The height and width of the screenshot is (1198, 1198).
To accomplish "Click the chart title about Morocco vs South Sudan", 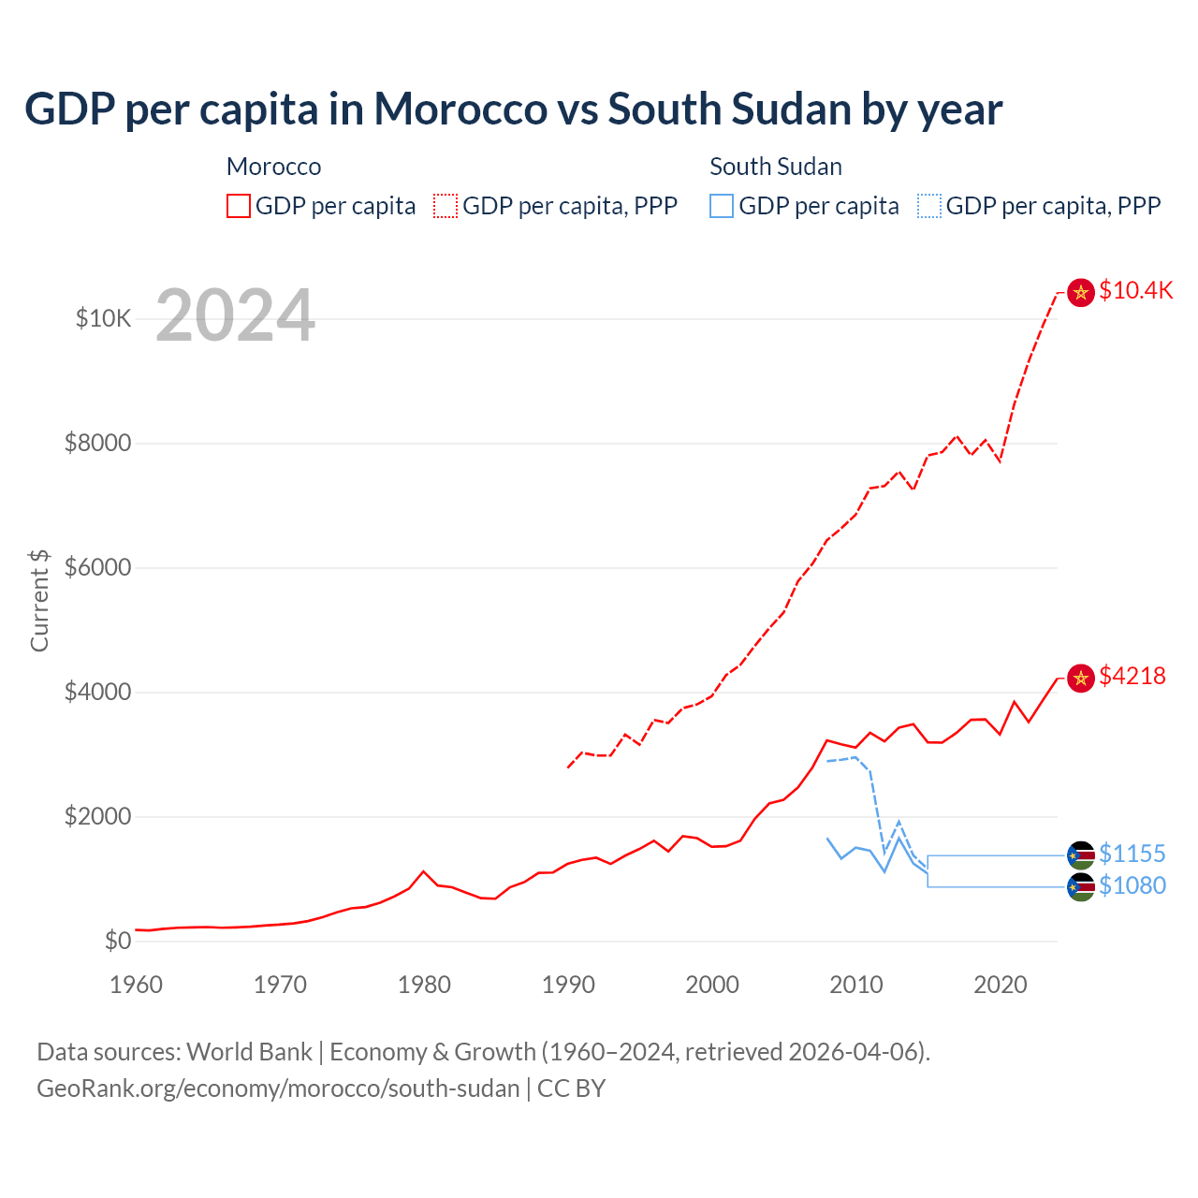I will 513,110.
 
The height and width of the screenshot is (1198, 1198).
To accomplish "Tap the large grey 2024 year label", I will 235,316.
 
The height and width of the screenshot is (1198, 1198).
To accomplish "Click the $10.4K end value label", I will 1135,291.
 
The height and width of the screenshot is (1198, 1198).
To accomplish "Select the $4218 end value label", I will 1132,676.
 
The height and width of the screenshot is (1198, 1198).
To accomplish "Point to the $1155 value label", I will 1132,854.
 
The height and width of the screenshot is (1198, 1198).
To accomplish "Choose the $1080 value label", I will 1132,885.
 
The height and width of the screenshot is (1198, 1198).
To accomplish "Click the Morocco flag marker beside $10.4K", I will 1081,293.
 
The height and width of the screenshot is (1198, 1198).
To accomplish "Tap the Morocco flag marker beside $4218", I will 1081,678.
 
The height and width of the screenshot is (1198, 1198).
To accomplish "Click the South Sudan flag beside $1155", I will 1081,855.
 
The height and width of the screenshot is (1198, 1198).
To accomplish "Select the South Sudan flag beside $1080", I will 1081,887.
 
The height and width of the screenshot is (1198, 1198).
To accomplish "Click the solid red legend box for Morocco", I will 239,206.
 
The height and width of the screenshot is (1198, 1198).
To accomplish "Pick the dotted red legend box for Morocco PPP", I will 446,206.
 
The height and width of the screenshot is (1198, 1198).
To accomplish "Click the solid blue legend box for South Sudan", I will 722,206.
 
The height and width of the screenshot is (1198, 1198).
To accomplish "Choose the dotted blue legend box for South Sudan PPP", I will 929,206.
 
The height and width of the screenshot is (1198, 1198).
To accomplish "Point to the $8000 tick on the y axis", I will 97,443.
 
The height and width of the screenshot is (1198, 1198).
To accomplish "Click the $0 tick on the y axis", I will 117,941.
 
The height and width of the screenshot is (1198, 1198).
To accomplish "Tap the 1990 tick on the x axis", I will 568,985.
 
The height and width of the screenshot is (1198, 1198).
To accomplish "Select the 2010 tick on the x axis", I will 856,985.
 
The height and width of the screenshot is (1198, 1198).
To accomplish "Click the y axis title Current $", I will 39,600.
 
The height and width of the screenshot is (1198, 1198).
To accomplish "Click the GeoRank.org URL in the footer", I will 278,1088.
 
